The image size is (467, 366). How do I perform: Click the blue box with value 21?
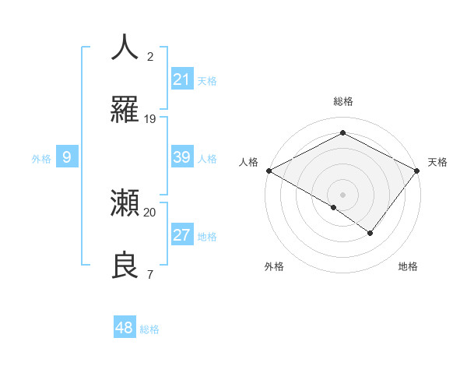(x=182, y=79)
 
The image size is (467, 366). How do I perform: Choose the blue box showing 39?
(x=182, y=157)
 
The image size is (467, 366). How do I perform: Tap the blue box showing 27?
(x=182, y=235)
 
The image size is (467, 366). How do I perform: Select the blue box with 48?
(x=125, y=328)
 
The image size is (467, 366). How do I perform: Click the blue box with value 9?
(x=67, y=157)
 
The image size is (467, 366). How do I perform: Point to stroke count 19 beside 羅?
(x=150, y=119)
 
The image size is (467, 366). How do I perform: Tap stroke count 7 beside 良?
(x=149, y=275)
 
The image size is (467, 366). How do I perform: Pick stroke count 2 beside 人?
(x=150, y=56)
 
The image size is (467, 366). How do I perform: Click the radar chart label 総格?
(x=342, y=102)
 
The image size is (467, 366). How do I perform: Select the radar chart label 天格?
(x=437, y=162)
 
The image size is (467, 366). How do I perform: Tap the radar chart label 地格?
(x=408, y=267)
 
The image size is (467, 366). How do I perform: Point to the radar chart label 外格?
(x=274, y=267)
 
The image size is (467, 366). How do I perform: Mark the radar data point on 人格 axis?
(x=269, y=171)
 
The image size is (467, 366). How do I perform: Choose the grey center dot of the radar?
(x=342, y=194)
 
